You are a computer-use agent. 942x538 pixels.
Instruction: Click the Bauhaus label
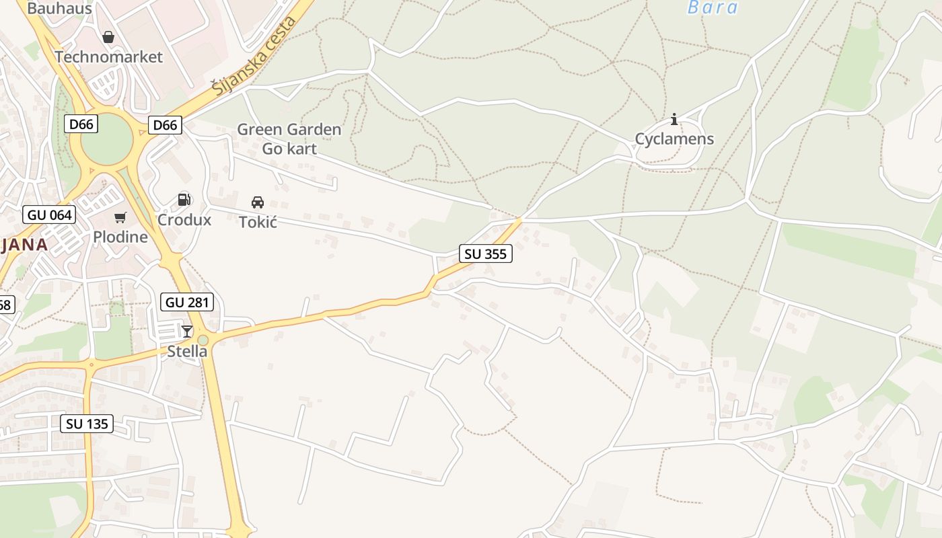coord(59,9)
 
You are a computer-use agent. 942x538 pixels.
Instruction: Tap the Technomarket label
coord(108,56)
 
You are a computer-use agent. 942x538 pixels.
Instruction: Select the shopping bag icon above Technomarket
coord(108,37)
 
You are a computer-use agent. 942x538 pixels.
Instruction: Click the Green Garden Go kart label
coord(289,139)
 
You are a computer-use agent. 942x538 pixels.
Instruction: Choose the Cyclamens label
coord(674,139)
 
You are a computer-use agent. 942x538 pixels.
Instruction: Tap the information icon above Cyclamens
coord(674,120)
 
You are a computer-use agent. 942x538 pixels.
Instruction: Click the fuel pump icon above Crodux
coord(184,200)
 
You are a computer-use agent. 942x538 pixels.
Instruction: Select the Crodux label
coord(184,220)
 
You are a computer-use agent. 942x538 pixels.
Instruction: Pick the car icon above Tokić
coord(258,202)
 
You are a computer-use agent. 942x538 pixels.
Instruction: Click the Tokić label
coord(258,221)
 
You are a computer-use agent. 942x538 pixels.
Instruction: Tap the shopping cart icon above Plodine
coord(120,217)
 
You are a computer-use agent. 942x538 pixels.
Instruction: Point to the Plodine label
coord(120,237)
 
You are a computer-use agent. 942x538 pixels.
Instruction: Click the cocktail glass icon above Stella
coord(187,331)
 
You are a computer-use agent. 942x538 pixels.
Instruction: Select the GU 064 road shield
coord(49,215)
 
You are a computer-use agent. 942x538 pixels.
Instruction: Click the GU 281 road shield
coord(188,303)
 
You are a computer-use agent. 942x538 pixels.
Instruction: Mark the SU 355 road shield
coord(485,254)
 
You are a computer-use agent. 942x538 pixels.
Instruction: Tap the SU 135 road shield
coord(87,424)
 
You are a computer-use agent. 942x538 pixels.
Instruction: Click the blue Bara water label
coord(713,8)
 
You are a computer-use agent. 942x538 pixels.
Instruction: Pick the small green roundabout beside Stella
coord(203,340)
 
